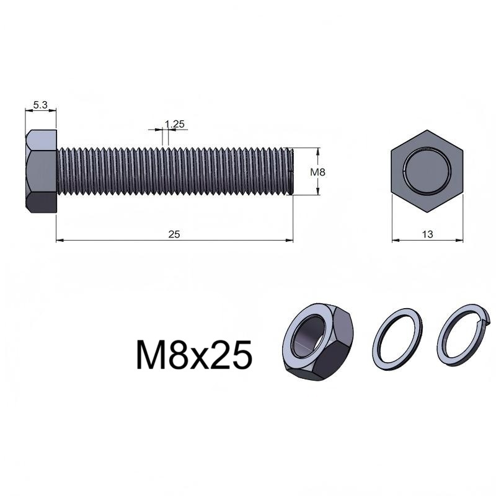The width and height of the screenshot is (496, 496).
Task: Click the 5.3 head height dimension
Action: (x=40, y=105)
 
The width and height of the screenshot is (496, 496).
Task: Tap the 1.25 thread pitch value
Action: (x=175, y=124)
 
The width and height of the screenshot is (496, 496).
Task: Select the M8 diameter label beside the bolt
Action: (x=317, y=172)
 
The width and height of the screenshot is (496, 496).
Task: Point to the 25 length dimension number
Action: (x=174, y=234)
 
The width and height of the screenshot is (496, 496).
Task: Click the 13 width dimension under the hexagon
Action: (x=427, y=234)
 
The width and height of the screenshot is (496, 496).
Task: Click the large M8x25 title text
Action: (x=194, y=355)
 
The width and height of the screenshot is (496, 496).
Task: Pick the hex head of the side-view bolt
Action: (x=41, y=171)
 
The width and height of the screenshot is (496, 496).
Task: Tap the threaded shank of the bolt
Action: (x=175, y=171)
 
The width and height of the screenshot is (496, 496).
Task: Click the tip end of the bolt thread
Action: (x=293, y=171)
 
